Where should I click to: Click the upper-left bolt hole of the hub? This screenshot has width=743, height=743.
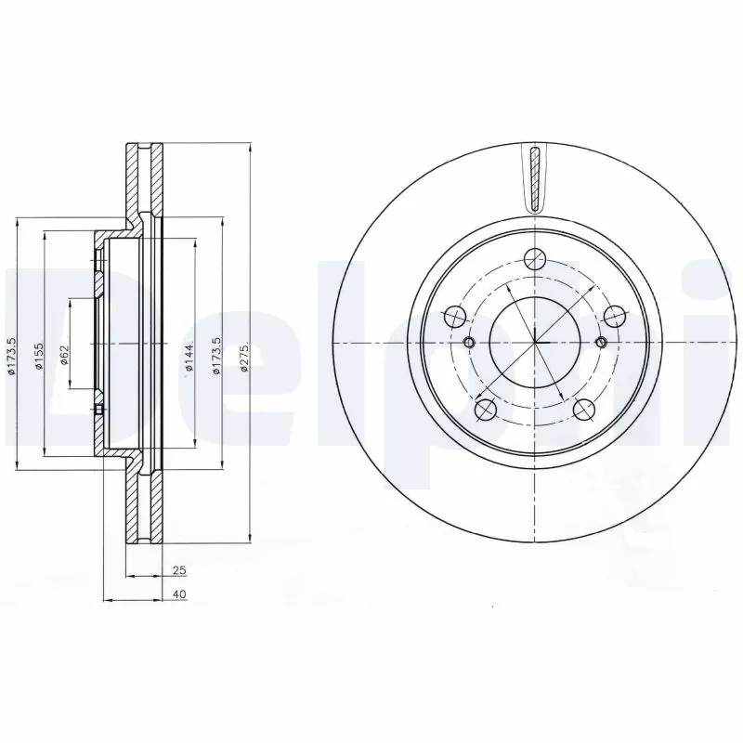click(454, 318)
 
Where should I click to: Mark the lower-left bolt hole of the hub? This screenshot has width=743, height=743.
click(485, 409)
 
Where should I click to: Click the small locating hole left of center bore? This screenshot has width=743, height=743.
click(469, 344)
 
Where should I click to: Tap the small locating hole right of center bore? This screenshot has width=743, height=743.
click(603, 344)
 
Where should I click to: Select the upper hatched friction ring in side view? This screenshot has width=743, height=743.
click(144, 181)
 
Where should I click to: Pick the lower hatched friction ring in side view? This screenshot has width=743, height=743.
click(144, 506)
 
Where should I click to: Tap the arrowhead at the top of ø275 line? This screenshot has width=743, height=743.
click(251, 147)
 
